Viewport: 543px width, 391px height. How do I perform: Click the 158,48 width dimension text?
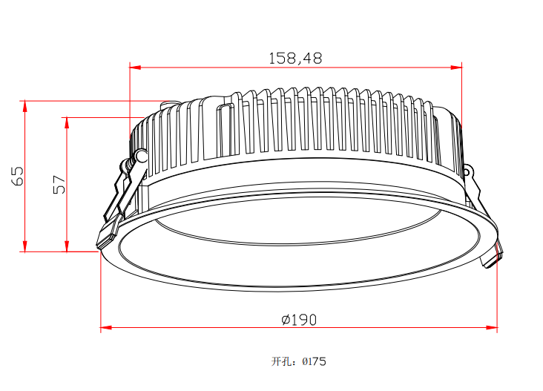pyautogui.click(x=295, y=59)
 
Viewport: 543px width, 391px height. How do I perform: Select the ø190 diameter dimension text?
pyautogui.click(x=299, y=320)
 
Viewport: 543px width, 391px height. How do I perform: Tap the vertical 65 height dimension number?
pyautogui.click(x=18, y=177)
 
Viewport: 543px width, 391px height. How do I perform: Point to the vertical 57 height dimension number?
pyautogui.click(x=59, y=185)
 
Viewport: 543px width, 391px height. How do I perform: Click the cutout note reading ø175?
pyautogui.click(x=314, y=361)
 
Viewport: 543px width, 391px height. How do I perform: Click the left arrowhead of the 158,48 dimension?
pyautogui.click(x=135, y=68)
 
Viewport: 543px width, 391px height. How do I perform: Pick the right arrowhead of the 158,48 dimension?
pyautogui.click(x=456, y=68)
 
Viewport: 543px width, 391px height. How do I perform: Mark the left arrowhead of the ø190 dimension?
pyautogui.click(x=106, y=327)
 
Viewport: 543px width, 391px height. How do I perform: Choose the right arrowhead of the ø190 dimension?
pyautogui.click(x=492, y=327)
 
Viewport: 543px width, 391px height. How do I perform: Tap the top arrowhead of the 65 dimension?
pyautogui.click(x=25, y=107)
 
